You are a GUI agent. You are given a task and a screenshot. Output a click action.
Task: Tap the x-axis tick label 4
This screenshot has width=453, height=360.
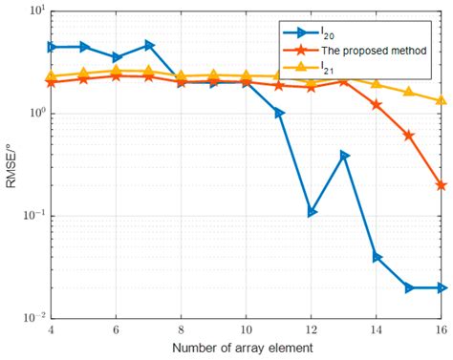[51, 329]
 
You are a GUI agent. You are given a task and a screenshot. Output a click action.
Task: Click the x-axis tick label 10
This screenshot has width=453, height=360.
[246, 329]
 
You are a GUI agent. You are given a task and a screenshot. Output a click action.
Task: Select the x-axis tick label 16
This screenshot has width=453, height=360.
[441, 329]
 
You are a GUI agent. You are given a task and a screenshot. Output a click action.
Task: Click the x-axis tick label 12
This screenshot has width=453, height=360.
[311, 329]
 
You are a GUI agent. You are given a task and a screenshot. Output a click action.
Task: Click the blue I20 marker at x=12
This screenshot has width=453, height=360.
[312, 212]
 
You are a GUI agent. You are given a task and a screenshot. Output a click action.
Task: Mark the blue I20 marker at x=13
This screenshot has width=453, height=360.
[344, 156]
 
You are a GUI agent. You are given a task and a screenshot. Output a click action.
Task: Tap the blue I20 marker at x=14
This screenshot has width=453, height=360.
[377, 257]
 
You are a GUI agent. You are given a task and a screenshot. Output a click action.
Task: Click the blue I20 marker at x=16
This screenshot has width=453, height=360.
[441, 287]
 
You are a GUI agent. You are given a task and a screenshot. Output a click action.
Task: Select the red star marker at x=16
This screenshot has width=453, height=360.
[441, 185]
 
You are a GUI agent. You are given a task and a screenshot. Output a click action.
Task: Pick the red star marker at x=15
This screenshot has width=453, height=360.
[408, 136]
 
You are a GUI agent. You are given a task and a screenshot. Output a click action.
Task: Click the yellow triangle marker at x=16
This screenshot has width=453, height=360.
[441, 100]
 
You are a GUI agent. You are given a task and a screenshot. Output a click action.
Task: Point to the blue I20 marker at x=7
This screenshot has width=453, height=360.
[149, 45]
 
